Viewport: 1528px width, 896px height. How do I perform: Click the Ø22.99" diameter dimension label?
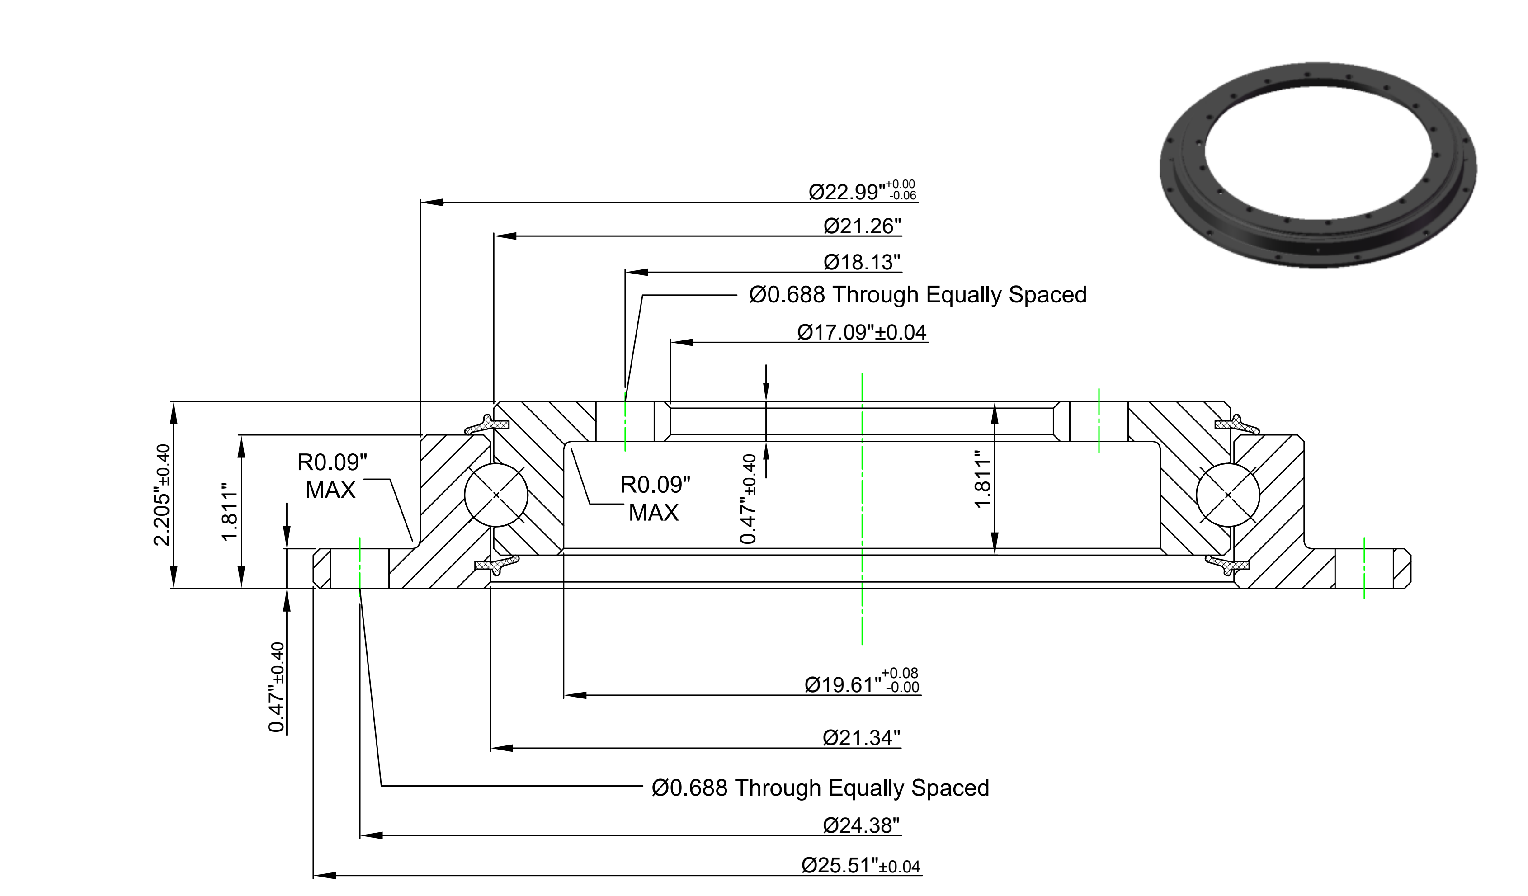pos(862,191)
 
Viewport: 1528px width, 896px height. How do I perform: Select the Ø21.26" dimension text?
pos(862,226)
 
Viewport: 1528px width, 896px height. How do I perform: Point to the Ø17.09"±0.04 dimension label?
pos(862,332)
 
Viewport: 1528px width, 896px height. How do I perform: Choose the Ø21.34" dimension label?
pos(861,738)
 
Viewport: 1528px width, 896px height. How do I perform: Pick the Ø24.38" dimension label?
pos(861,825)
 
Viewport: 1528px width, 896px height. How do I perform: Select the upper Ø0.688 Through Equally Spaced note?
pos(917,295)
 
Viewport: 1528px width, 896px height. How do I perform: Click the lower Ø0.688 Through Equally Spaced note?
pos(820,788)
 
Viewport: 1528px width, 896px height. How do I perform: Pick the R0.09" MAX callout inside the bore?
pos(655,498)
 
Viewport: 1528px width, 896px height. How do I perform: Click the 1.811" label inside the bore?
pos(982,479)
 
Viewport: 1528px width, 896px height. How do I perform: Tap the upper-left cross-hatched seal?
pos(487,425)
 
